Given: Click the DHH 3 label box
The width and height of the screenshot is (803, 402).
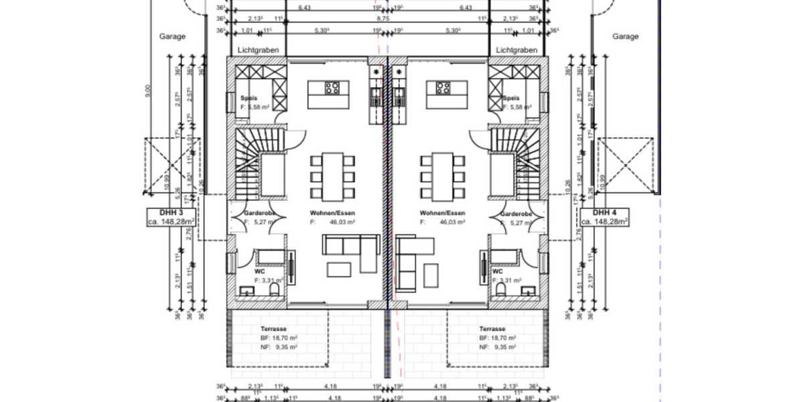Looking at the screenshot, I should click(x=170, y=216).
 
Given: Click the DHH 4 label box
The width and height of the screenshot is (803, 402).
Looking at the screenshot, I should click(x=604, y=216).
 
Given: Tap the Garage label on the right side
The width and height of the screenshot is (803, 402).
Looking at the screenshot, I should click(x=626, y=37).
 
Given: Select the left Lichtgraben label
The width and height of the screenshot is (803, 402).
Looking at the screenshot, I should click(x=258, y=50).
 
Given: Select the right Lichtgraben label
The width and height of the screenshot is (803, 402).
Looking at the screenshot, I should click(x=517, y=50).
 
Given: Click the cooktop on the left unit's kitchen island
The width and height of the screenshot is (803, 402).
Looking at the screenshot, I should click(x=333, y=87).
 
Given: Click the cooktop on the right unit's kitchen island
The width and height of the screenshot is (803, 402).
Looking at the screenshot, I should click(x=443, y=87).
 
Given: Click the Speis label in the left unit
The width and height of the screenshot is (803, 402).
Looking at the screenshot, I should click(x=249, y=98).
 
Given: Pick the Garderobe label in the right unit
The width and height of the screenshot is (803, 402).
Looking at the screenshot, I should click(x=515, y=214).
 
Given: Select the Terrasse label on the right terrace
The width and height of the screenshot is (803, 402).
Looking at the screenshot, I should click(x=492, y=330).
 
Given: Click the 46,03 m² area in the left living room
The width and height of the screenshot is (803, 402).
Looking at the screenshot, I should click(x=341, y=221).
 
